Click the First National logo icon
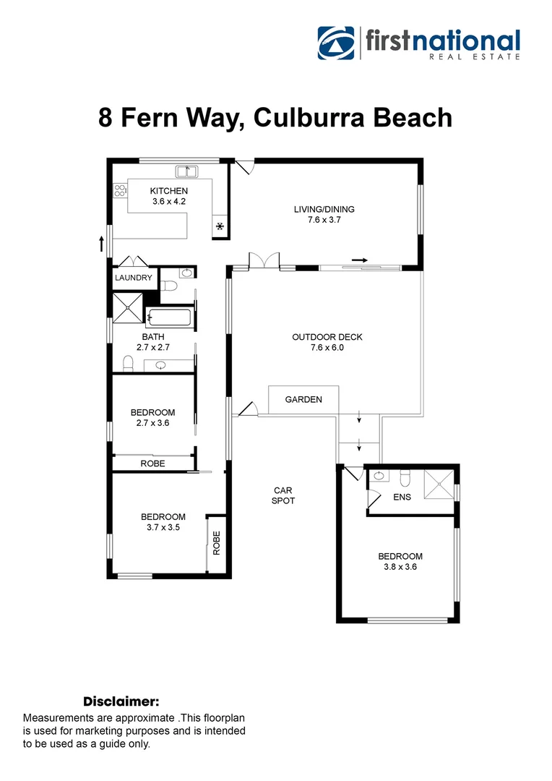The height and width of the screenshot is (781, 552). (x=336, y=43)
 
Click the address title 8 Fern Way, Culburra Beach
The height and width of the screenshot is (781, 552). (x=275, y=117)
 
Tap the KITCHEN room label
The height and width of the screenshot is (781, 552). (x=169, y=191)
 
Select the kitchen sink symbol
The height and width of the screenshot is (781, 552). (x=187, y=171)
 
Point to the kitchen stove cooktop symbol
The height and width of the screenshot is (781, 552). (x=120, y=191)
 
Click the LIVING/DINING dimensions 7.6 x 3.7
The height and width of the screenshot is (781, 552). (x=324, y=220)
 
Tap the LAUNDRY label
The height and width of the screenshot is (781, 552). (x=134, y=278)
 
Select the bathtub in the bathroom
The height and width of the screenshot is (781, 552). (x=168, y=317)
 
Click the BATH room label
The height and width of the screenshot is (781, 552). (x=152, y=337)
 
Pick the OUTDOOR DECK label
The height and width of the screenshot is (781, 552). (x=327, y=337)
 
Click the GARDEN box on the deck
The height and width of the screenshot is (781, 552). (x=303, y=399)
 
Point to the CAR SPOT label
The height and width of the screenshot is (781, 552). (x=283, y=495)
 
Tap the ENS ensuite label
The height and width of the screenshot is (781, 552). (x=402, y=498)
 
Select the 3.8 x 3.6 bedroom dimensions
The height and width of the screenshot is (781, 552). (x=400, y=567)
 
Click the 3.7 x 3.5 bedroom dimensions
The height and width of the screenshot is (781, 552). (x=163, y=527)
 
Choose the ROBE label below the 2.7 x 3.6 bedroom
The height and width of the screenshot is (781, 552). (x=152, y=464)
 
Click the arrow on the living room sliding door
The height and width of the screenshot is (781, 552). (x=360, y=260)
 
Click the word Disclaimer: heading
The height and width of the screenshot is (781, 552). (x=121, y=701)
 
